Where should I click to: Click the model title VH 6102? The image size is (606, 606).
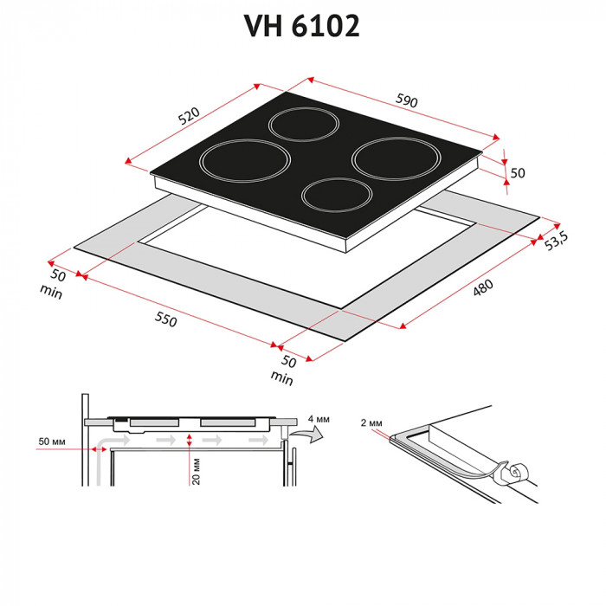(302, 26)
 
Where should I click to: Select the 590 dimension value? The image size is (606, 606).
(406, 101)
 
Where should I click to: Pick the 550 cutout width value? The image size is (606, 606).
(164, 319)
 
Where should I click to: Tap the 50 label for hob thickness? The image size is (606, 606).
(518, 172)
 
